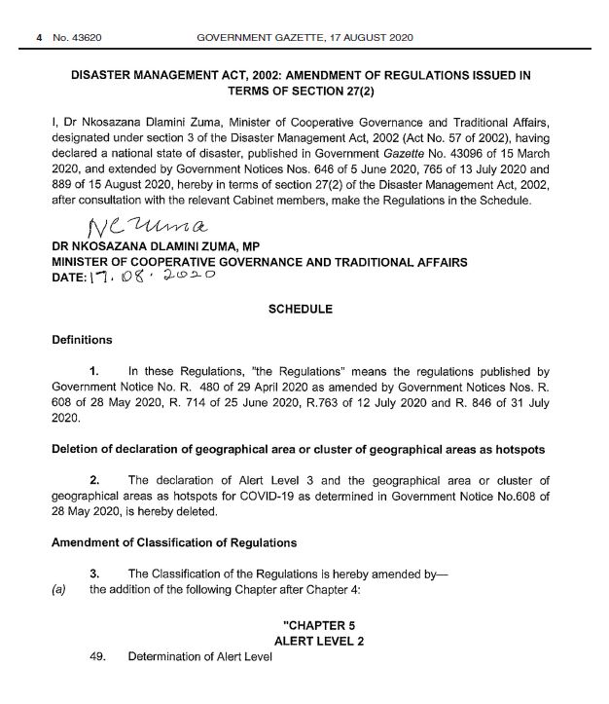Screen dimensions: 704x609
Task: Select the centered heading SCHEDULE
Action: click(x=300, y=310)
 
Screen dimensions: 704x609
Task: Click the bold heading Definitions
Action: click(x=83, y=340)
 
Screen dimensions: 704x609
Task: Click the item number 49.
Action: click(x=97, y=657)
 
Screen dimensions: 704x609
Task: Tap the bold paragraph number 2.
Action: click(x=93, y=480)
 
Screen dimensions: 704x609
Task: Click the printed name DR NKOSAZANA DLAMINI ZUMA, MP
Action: click(x=155, y=249)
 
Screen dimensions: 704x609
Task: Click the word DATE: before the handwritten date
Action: click(x=73, y=278)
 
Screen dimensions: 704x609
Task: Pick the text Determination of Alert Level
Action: click(x=200, y=657)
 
